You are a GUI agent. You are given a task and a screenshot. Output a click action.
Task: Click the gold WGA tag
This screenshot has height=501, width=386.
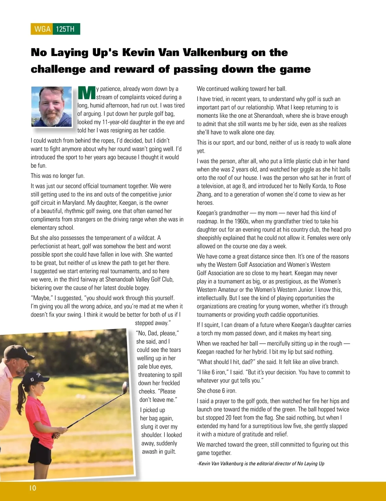[x=42, y=29]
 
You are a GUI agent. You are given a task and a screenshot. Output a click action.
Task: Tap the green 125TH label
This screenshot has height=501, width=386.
[x=66, y=29]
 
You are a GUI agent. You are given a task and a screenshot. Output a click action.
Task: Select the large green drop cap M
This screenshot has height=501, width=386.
[x=87, y=93]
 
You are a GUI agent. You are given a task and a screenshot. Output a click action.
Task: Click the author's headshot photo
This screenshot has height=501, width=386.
[x=51, y=106]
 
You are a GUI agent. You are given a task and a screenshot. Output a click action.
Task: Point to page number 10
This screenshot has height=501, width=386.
[x=33, y=488]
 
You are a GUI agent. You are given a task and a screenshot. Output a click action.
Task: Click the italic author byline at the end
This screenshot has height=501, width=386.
[x=261, y=463]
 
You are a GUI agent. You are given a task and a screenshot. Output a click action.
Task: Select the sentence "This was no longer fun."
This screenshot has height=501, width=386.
[x=58, y=176]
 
